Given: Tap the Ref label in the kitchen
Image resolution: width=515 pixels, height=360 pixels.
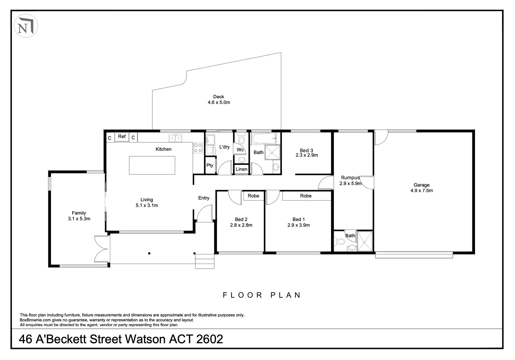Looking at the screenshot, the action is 122,136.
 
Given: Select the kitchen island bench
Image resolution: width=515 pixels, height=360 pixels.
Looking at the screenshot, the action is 152,165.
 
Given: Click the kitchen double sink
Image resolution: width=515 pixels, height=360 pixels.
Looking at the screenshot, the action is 176,138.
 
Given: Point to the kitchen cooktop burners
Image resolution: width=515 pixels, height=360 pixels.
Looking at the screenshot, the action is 198,148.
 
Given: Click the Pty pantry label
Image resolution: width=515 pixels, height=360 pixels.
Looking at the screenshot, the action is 210,165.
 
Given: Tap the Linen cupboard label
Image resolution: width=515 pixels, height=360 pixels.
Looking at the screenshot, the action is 242,169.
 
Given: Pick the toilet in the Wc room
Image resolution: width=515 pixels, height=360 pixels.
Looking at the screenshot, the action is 242,138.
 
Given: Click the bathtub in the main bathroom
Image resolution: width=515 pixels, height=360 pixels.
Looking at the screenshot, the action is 263,137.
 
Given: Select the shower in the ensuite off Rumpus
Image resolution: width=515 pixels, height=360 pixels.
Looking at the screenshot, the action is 365,241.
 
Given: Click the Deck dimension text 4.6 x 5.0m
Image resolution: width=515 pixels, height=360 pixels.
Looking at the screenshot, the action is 219,102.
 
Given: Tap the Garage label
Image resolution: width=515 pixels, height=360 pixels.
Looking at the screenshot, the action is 421,185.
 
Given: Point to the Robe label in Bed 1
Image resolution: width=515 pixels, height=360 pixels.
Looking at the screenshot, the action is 306,196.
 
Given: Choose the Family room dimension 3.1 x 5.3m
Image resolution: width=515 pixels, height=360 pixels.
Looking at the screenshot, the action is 79,219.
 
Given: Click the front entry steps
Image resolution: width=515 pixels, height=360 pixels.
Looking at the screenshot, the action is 205,261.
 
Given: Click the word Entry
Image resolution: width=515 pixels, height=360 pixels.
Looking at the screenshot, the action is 204,198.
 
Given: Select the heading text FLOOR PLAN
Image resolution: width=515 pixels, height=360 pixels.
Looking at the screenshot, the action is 262,295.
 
